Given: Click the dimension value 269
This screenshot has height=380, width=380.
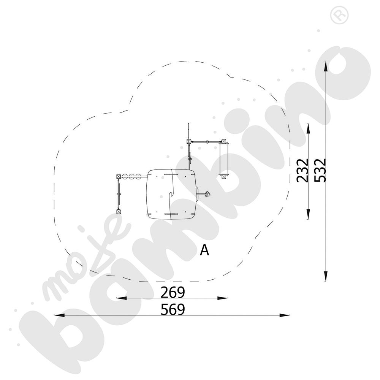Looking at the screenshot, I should coord(173,292).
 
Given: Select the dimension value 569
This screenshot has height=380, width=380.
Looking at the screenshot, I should coord(173,310).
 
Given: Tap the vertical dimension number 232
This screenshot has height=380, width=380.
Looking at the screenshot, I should coord(303,171).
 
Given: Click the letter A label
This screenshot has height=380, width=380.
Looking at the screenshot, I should coord(205,250).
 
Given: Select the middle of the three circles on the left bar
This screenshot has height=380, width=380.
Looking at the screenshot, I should coord(132,176).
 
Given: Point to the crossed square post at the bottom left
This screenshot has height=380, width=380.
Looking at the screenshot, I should coord(118,212).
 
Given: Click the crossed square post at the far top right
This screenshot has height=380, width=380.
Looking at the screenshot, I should coord(224,142).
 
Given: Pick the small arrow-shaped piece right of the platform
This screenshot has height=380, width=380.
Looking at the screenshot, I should coord(207,195).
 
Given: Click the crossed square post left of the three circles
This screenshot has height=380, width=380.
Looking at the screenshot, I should coord(119,176).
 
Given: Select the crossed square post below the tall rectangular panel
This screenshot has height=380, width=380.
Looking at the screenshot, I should coord(224,175).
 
